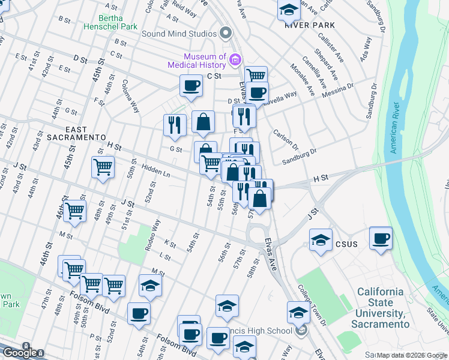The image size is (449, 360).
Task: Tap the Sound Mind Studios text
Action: coord(179,33)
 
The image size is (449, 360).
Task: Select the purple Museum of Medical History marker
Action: coord(235,59)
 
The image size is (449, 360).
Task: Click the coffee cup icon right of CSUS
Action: coord(381,239)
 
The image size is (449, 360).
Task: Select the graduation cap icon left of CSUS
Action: coord(321,241)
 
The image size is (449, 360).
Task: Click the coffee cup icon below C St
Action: coord(191,85)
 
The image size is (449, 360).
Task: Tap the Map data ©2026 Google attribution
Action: coord(412,355)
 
